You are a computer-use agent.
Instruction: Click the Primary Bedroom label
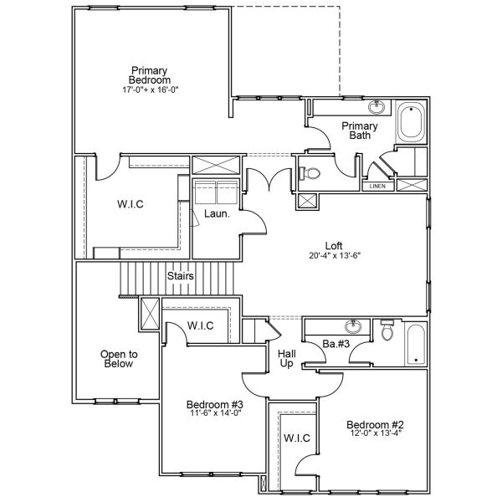150,74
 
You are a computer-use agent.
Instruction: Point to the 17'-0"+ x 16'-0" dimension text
150,89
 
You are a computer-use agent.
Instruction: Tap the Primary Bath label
360,131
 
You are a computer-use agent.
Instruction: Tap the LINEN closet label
377,186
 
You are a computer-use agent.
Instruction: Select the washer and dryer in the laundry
216,193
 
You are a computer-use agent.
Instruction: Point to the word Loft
334,246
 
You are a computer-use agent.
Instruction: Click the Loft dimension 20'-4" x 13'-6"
334,257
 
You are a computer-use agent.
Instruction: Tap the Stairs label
181,275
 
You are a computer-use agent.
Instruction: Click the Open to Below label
120,359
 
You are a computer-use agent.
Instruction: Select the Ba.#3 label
336,344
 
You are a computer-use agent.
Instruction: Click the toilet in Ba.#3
386,332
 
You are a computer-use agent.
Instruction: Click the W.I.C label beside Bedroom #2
297,438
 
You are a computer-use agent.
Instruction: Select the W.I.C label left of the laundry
130,206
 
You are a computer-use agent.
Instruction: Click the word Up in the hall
286,365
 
